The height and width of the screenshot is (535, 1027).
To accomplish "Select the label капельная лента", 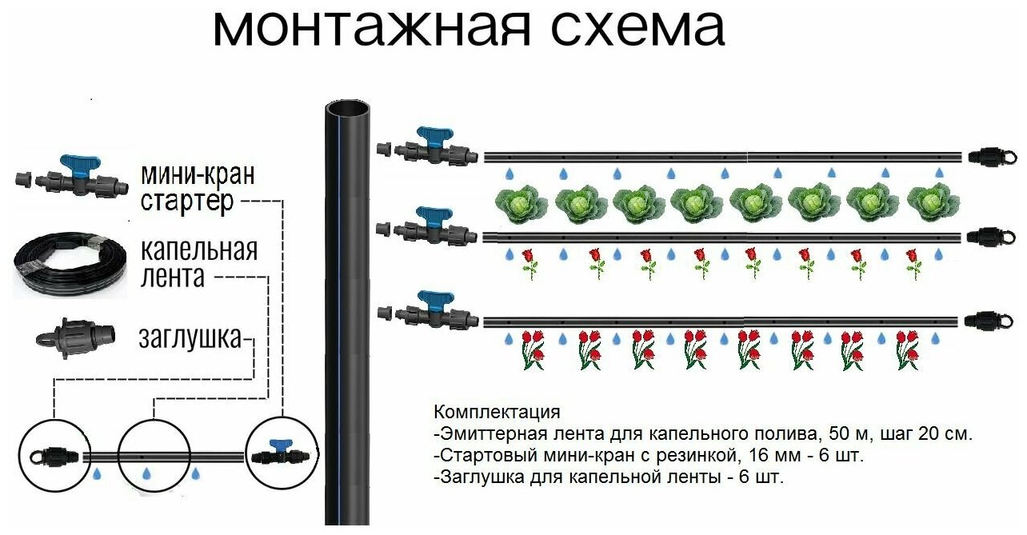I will pyautogui.click(x=198, y=263).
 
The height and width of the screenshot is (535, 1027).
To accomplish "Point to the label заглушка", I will pyautogui.click(x=190, y=338).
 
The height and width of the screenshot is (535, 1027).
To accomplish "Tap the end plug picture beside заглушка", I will pyautogui.click(x=74, y=337).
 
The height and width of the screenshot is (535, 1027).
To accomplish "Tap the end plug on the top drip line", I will pyautogui.click(x=985, y=156).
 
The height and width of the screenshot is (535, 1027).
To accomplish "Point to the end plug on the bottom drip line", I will pyautogui.click(x=982, y=321).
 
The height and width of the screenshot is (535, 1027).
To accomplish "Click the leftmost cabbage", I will pyautogui.click(x=520, y=203).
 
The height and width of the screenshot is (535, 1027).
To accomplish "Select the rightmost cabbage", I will pyautogui.click(x=933, y=203).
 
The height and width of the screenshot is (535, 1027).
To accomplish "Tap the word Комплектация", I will pyautogui.click(x=496, y=413).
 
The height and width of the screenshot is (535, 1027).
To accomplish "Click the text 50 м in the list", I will pyautogui.click(x=828, y=435).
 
